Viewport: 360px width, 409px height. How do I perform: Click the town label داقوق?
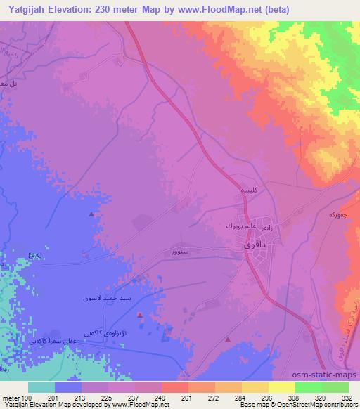[x=254, y=247]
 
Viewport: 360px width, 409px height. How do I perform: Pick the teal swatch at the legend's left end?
[x=41, y=387]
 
